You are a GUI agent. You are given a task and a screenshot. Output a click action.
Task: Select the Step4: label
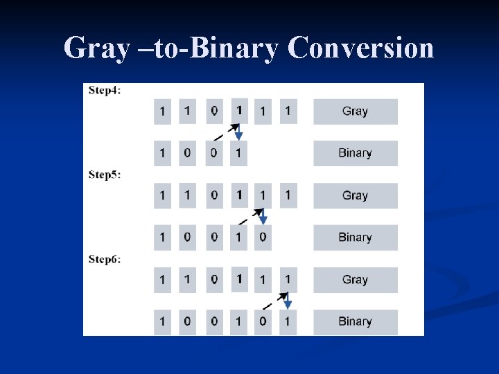(105, 90)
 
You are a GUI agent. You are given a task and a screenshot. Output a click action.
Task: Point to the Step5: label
(105, 175)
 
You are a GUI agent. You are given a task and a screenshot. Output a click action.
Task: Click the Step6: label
(105, 259)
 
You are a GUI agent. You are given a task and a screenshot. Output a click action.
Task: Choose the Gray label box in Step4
(355, 111)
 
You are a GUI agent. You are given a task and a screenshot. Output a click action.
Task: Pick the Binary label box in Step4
(355, 153)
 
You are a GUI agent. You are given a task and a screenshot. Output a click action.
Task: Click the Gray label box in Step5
(355, 195)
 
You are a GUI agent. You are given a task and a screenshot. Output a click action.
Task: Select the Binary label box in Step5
(355, 238)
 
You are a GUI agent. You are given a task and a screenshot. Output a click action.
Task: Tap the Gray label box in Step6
(355, 280)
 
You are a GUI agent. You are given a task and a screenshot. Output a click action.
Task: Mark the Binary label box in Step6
(355, 322)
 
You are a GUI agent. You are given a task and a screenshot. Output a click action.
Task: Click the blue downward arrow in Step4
(239, 133)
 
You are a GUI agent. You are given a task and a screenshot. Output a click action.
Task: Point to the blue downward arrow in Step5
(263, 217)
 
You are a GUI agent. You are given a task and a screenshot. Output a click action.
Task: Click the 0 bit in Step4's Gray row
(213, 111)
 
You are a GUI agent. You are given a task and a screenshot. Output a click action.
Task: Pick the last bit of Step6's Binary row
(288, 322)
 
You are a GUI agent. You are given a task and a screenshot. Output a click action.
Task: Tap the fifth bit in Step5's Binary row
(263, 238)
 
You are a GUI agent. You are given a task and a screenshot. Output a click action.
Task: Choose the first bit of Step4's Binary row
(162, 153)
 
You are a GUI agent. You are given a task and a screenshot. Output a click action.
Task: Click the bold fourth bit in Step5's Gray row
(238, 195)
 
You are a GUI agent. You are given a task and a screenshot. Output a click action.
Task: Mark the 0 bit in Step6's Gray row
(213, 280)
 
